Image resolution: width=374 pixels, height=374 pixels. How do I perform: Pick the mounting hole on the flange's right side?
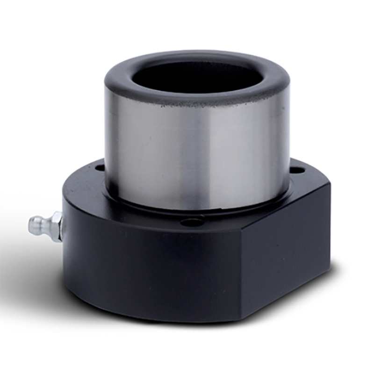coord(295,168)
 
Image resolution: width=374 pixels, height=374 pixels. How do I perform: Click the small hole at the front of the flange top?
coord(191,222)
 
